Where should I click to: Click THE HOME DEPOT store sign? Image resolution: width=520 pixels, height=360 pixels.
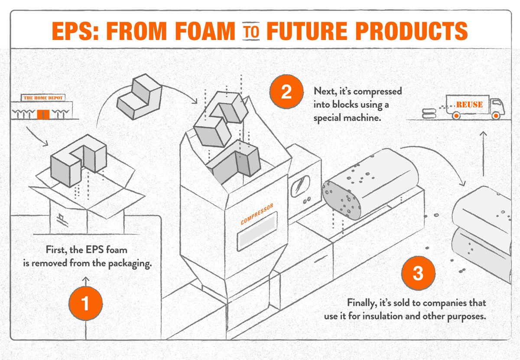(43, 98)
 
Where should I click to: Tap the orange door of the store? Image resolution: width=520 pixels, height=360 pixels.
(42, 115)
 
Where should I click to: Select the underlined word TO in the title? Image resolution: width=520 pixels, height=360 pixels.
(252, 32)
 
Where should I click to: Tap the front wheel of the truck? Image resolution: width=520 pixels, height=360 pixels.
(496, 116)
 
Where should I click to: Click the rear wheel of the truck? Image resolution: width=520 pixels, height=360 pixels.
(455, 116)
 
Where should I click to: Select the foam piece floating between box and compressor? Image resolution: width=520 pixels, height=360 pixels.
(139, 94)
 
